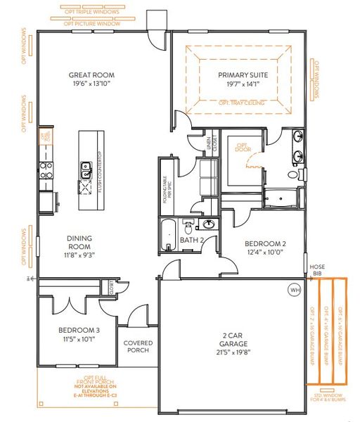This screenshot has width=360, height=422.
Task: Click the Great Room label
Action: [91, 75]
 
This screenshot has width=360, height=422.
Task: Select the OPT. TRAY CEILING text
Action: [240, 103]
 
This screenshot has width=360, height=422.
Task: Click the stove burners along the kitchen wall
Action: [46, 169]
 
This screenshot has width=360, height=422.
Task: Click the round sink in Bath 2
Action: [207, 225]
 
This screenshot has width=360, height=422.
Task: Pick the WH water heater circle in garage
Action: [293, 289]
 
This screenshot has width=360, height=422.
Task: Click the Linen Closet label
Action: [209, 146]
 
